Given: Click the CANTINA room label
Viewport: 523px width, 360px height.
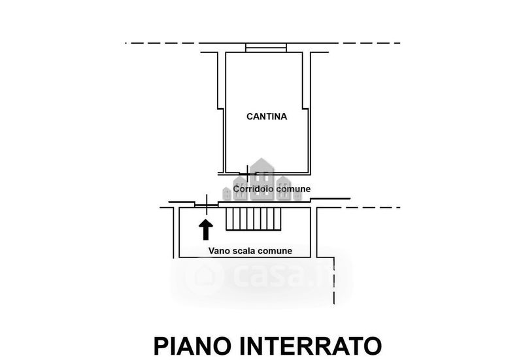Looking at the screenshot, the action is tap(267, 116).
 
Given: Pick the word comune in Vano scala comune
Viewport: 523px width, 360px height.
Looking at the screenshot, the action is tap(275, 251).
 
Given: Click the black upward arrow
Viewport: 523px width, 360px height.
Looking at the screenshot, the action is tap(206, 229).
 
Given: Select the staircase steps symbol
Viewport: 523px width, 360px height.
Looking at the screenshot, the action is tap(254, 219).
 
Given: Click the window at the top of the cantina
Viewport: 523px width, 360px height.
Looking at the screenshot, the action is tap(266, 48).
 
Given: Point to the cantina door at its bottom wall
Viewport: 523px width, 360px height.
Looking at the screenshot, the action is tap(248, 173).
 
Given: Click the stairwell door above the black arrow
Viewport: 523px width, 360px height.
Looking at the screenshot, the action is tap(207, 205).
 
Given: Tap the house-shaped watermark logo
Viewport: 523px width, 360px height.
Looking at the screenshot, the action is tap(262, 180).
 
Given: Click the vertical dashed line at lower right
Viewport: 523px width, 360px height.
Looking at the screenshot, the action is tap(334, 281).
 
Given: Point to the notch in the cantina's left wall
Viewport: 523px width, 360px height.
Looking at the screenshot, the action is tap(220, 108).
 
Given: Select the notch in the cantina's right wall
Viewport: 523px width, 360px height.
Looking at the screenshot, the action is tap(306, 108).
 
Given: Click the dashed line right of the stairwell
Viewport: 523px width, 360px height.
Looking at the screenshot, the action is tap(358, 207).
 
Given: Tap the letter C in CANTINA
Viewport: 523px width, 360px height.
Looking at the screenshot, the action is tap(250, 116).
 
